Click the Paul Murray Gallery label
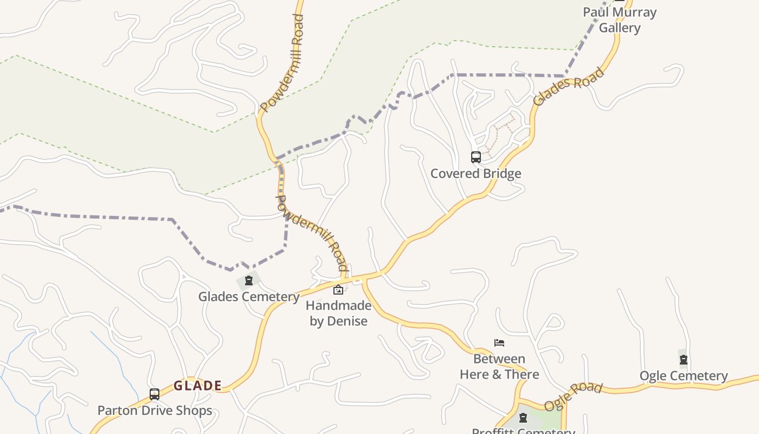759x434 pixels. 620,20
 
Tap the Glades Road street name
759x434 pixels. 568,87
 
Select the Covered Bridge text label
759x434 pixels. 475,174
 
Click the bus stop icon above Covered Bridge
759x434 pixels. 475,157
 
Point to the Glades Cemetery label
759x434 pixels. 248,297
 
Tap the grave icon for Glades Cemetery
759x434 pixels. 248,280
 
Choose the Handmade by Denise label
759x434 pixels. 338,313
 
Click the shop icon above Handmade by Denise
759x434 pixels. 338,290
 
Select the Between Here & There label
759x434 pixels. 499,367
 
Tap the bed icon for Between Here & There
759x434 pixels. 499,342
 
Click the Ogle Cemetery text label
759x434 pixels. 683,376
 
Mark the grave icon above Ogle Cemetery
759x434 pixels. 683,359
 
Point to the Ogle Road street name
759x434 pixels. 573,397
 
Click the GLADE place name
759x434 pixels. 197,386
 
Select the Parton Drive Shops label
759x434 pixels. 155,411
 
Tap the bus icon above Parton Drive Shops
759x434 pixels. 155,394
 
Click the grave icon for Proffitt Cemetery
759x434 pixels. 523,418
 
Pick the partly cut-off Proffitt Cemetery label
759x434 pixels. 523,431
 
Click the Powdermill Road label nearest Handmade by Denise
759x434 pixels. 312,233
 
